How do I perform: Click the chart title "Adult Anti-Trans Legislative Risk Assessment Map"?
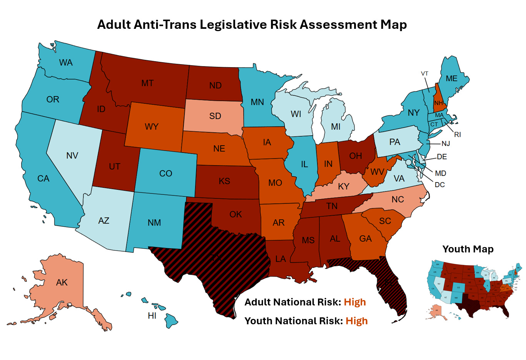pyautogui.click(x=252, y=25)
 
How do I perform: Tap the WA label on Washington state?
pyautogui.click(x=66, y=63)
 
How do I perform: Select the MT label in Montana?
pyautogui.click(x=147, y=83)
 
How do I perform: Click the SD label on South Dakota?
pyautogui.click(x=215, y=116)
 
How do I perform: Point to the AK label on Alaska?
pyautogui.click(x=62, y=283)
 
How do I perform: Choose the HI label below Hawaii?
pyautogui.click(x=152, y=316)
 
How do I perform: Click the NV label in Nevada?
pyautogui.click(x=72, y=156)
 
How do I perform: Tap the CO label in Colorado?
pyautogui.click(x=166, y=174)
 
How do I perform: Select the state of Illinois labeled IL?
pyautogui.click(x=304, y=164)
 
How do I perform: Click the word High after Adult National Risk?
pyautogui.click(x=355, y=302)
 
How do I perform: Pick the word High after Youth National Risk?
pyautogui.click(x=356, y=321)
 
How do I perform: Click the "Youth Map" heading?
pyautogui.click(x=468, y=249)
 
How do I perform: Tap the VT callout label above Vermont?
pyautogui.click(x=424, y=74)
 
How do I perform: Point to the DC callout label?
pyautogui.click(x=439, y=185)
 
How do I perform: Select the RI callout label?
pyautogui.click(x=457, y=135)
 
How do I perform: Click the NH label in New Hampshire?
pyautogui.click(x=439, y=103)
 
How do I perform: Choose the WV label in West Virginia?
pyautogui.click(x=377, y=172)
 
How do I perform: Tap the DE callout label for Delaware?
pyautogui.click(x=442, y=157)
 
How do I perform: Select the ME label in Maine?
pyautogui.click(x=451, y=79)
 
